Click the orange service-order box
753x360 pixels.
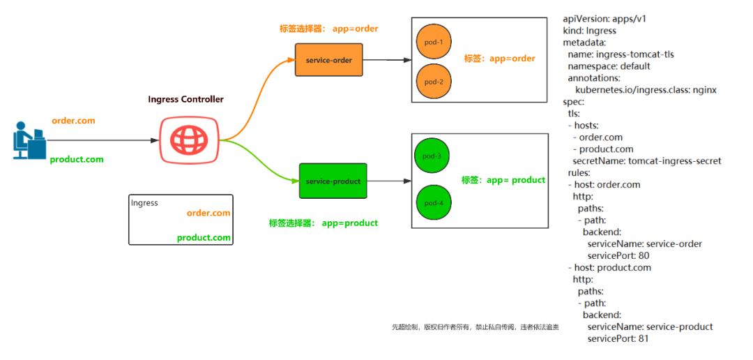tap(328, 60)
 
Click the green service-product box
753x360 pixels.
tap(333, 181)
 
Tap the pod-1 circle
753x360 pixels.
tap(434, 42)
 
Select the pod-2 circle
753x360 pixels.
tap(434, 82)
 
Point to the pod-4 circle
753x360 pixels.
tap(434, 203)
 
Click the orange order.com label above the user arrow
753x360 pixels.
tap(73, 121)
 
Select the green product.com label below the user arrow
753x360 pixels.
tap(77, 160)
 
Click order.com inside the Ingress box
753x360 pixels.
tap(208, 213)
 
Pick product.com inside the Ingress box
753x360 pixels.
tap(204, 237)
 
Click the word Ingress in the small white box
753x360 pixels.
tap(144, 203)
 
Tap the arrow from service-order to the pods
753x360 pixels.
tap(387, 61)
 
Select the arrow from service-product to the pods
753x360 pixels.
tap(388, 181)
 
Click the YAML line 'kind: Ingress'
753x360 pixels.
tap(589, 31)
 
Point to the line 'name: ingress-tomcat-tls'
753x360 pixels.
tap(621, 54)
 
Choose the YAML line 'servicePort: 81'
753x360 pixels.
tap(618, 339)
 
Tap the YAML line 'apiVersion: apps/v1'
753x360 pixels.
tap(604, 19)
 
